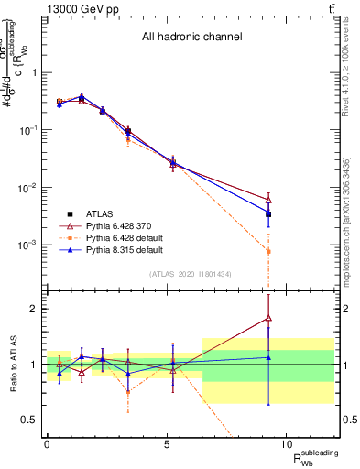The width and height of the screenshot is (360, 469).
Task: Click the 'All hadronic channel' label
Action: (x=191, y=38)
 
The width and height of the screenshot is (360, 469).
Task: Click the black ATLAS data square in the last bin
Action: (x=268, y=214)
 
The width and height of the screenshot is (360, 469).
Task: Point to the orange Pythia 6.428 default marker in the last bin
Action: (x=268, y=251)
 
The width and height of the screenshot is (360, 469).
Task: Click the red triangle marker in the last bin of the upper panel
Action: (x=268, y=199)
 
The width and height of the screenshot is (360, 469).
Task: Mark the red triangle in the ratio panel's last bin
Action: (x=268, y=318)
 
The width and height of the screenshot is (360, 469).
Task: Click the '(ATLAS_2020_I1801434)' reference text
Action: (x=191, y=274)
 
